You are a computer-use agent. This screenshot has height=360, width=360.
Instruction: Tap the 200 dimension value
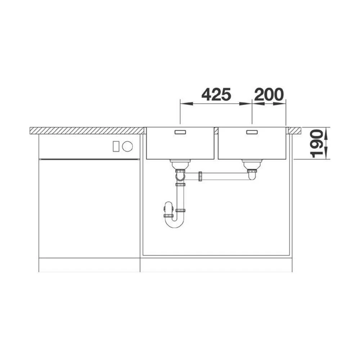pos(269,95)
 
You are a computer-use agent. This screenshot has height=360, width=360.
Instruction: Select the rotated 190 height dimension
pos(317,144)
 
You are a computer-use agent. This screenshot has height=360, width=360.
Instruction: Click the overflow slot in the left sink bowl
pos(180,132)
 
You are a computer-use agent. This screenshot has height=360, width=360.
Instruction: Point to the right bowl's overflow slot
pos(252,132)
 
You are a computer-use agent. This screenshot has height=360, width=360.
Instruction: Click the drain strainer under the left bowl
pos(180,165)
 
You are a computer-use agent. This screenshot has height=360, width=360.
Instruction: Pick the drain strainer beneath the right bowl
pos(252,165)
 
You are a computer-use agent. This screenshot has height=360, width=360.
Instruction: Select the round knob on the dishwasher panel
pos(127,146)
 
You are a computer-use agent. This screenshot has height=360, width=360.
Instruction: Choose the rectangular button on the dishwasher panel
pos(116,146)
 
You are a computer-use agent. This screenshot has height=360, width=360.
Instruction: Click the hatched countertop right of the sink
pos(294,130)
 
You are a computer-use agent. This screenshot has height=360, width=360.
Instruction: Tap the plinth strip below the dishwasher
pos(89,265)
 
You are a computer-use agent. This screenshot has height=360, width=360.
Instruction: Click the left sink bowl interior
pos(180,146)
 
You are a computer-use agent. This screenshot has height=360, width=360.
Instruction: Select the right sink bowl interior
pos(252,146)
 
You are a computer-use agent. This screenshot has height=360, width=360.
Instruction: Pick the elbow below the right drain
pos(252,176)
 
